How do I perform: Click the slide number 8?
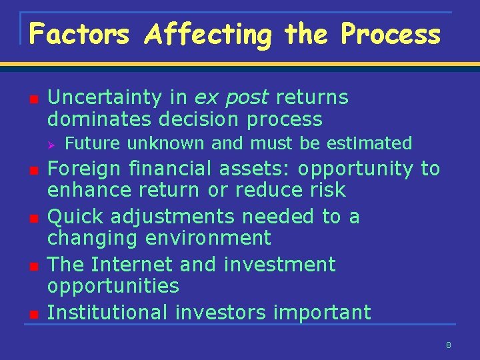[x=449, y=345]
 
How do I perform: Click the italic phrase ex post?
[x=231, y=98]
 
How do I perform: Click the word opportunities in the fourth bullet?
[x=113, y=286]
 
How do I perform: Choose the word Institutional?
[x=107, y=313]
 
